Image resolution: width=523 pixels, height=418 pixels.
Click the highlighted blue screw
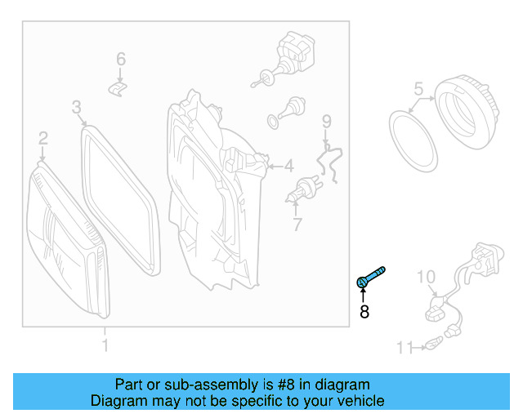(x=369, y=278)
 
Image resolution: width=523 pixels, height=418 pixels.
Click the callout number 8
(x=364, y=312)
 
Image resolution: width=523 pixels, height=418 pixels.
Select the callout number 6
(x=121, y=59)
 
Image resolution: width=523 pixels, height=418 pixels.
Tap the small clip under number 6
(x=118, y=89)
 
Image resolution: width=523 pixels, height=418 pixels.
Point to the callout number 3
(x=76, y=107)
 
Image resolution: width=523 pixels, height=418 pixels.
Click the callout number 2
(x=43, y=138)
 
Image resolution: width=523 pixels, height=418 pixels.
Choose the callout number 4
(x=288, y=166)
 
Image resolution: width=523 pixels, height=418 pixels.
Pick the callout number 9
(x=327, y=122)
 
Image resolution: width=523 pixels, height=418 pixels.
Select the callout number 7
(x=297, y=225)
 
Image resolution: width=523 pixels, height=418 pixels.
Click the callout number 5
(x=418, y=89)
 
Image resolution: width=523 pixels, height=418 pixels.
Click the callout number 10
(x=427, y=277)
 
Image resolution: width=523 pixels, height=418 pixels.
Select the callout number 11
(x=405, y=348)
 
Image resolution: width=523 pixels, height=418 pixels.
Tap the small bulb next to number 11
(x=434, y=344)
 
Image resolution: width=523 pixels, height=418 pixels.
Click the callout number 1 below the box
(x=105, y=345)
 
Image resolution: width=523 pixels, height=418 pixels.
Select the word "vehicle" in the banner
(x=363, y=401)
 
